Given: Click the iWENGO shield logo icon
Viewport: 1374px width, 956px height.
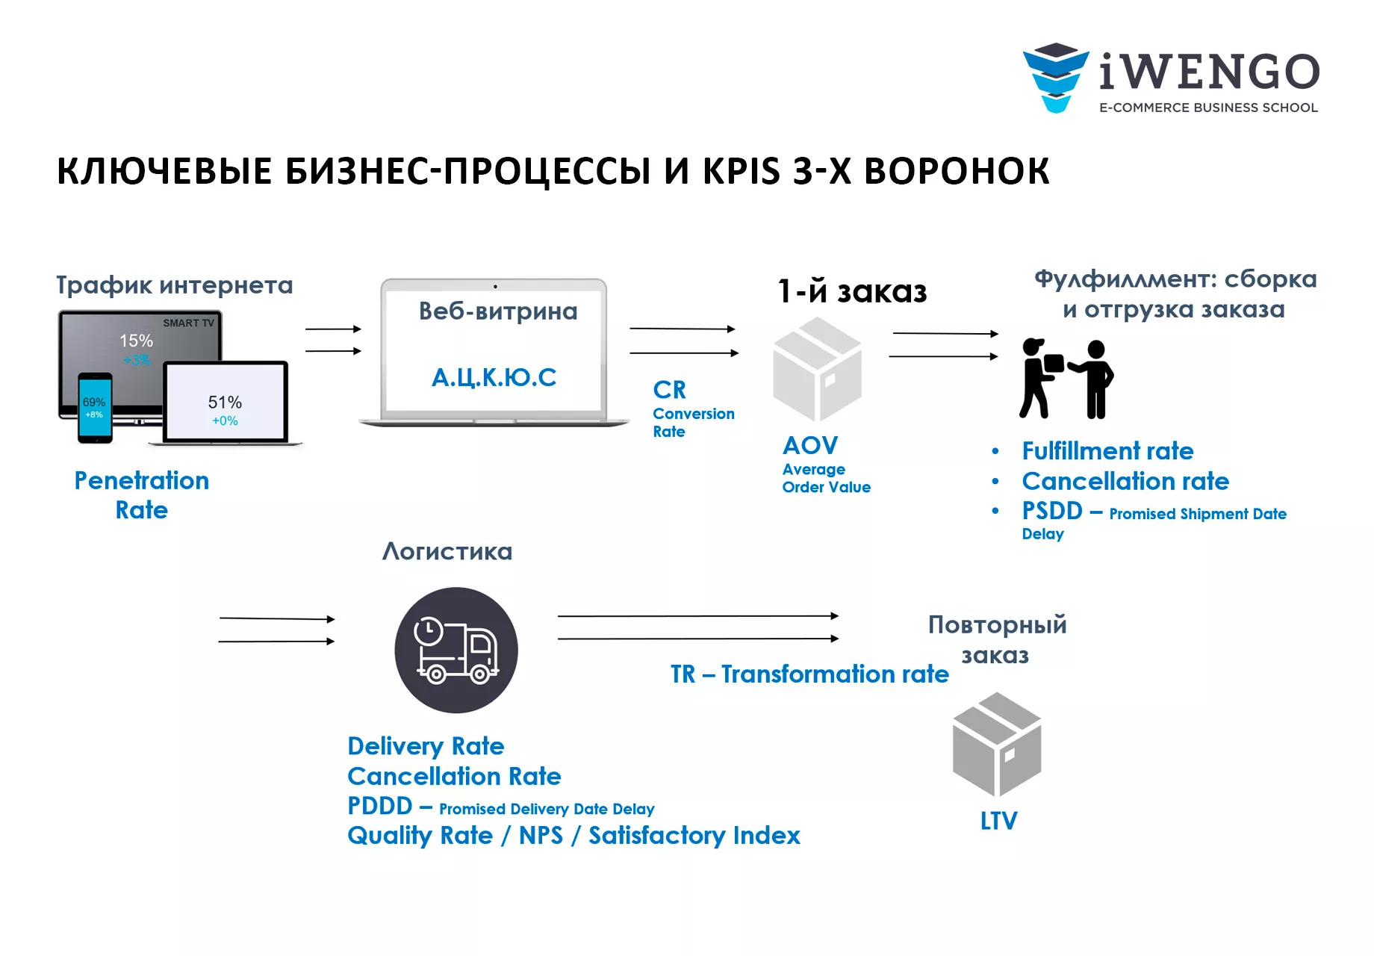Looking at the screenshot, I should (1055, 77).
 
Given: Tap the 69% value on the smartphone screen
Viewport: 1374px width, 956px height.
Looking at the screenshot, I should (94, 402).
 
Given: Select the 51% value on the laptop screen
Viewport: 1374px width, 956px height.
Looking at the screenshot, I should (225, 402).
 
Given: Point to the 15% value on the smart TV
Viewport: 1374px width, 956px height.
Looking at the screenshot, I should (136, 341).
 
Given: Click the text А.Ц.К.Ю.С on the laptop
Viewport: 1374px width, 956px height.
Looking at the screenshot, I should (494, 377).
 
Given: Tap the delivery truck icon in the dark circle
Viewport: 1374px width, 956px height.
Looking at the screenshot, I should (456, 650).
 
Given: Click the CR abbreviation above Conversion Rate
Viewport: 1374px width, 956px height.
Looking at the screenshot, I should (669, 389).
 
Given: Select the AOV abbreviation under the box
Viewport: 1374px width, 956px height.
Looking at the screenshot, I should (810, 445).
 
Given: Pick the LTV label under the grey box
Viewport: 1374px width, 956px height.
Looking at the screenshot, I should (998, 821).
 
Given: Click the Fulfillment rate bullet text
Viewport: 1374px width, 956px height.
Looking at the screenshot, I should (1107, 450).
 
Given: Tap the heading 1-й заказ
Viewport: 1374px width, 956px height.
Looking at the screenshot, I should (852, 291).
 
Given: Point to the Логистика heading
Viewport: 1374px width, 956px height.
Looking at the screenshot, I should (447, 551).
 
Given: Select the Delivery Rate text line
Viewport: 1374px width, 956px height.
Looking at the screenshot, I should (426, 745).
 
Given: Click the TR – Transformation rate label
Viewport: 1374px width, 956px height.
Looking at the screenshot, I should (809, 674).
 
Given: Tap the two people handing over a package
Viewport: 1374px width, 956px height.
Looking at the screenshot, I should (1066, 379).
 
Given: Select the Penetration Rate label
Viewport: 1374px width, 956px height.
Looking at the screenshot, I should (142, 494).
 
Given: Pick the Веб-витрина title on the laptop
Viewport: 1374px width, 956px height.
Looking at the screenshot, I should (498, 311).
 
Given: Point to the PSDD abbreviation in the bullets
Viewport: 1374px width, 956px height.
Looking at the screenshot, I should (1052, 511).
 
